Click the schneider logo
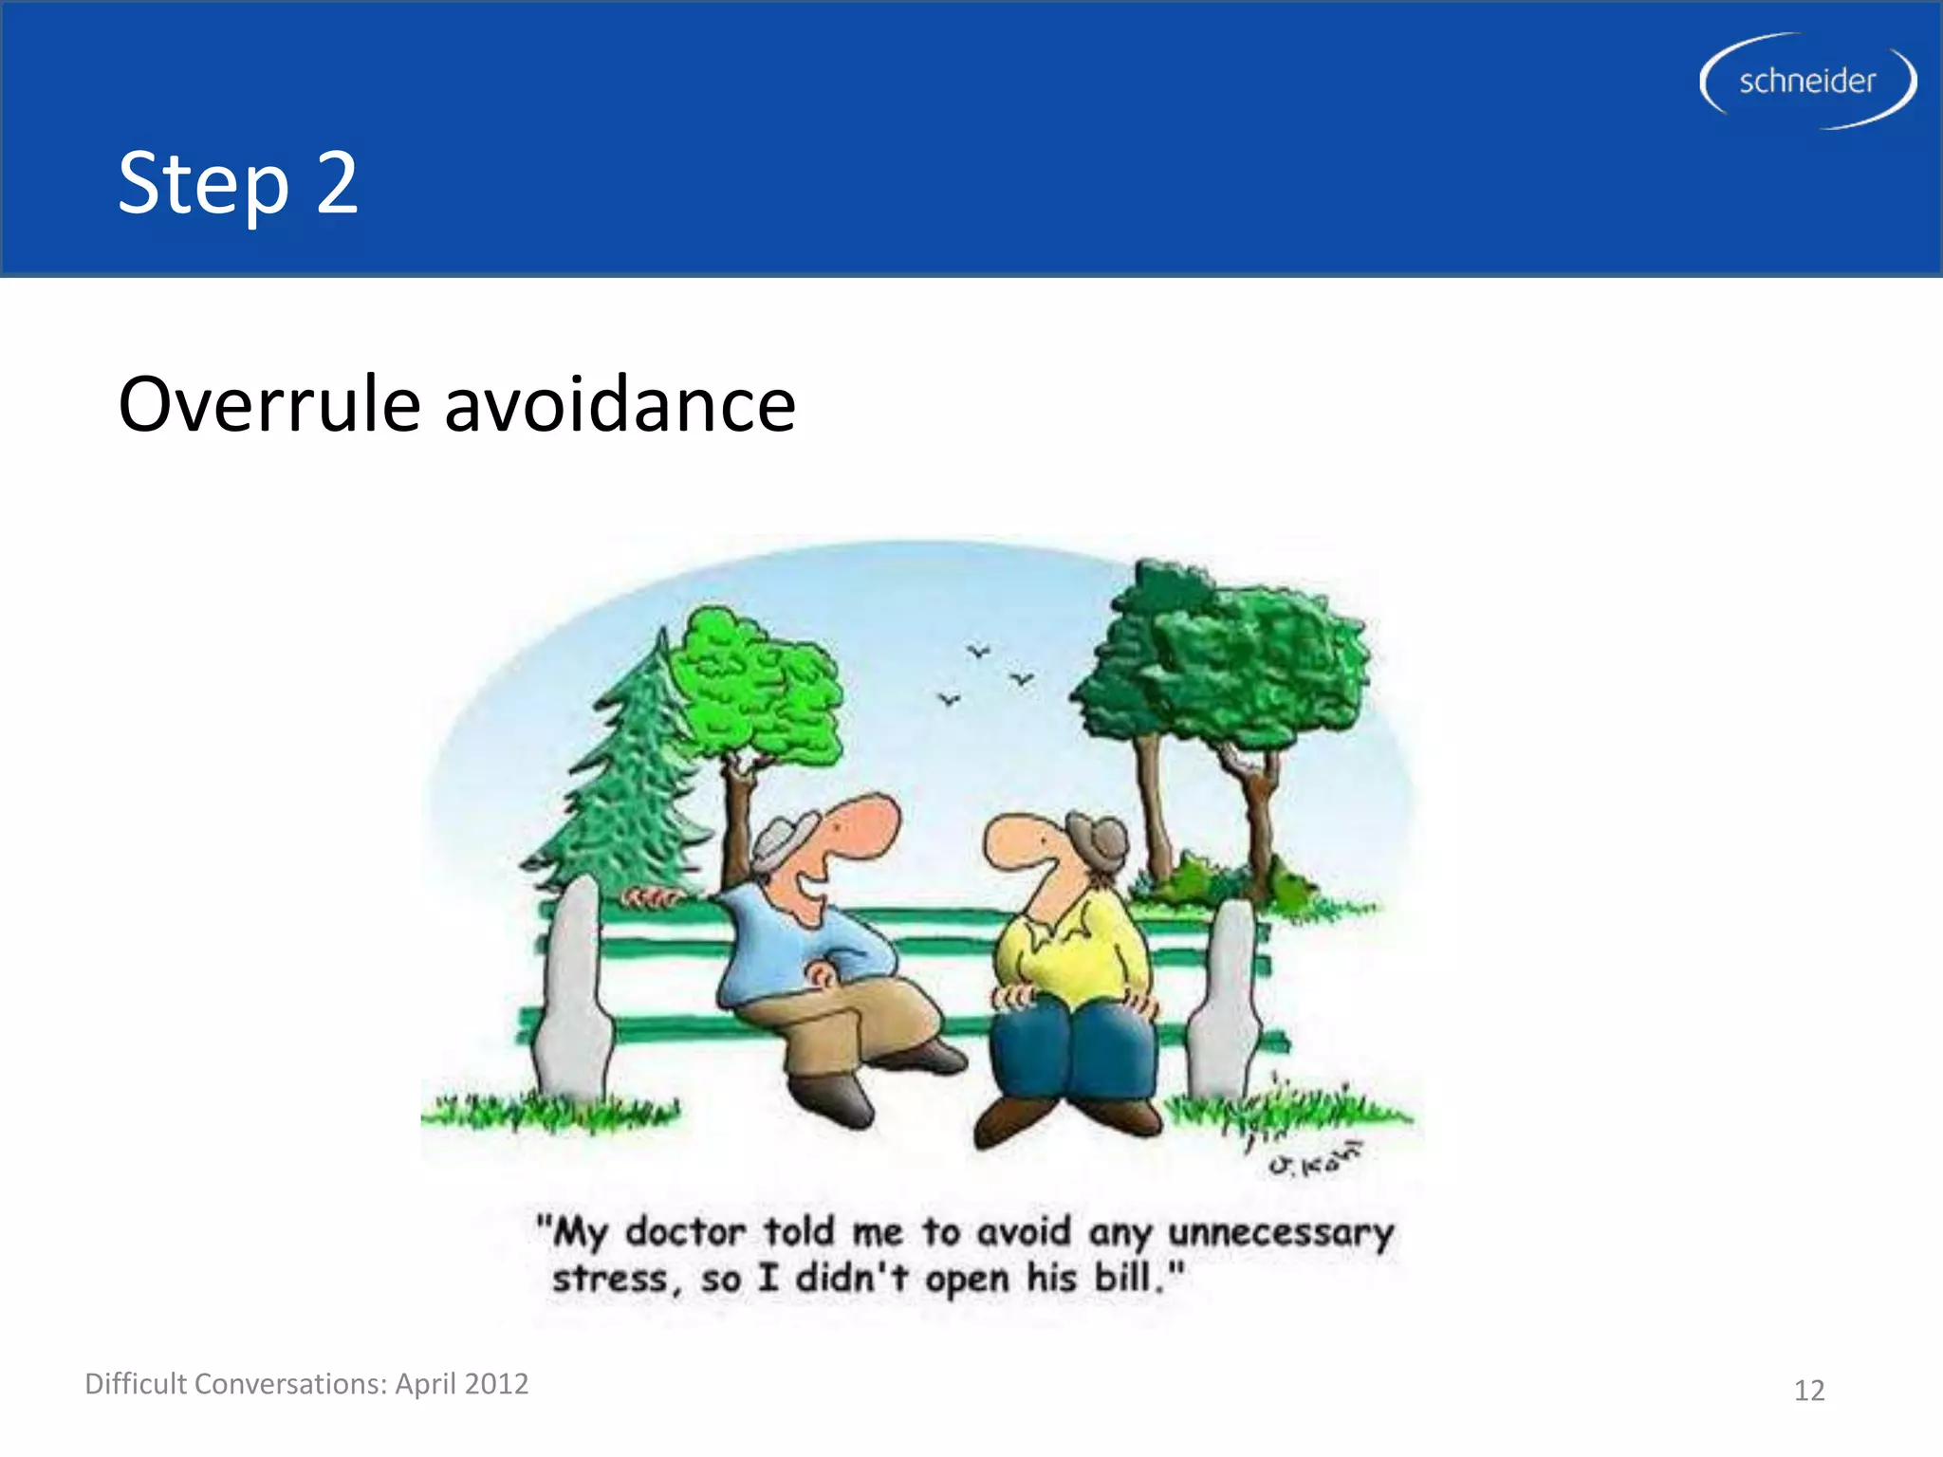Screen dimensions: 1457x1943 (x=1806, y=82)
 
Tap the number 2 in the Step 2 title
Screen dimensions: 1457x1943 (x=337, y=182)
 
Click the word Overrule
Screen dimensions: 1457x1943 (x=268, y=406)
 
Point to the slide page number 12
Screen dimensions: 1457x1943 (x=1808, y=1391)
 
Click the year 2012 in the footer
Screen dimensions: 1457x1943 (x=496, y=1384)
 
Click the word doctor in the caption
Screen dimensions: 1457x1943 (x=685, y=1232)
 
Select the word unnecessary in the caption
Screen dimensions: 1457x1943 (x=1281, y=1232)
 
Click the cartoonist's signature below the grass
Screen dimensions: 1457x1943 (x=1314, y=1159)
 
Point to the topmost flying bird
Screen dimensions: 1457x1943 (x=978, y=651)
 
